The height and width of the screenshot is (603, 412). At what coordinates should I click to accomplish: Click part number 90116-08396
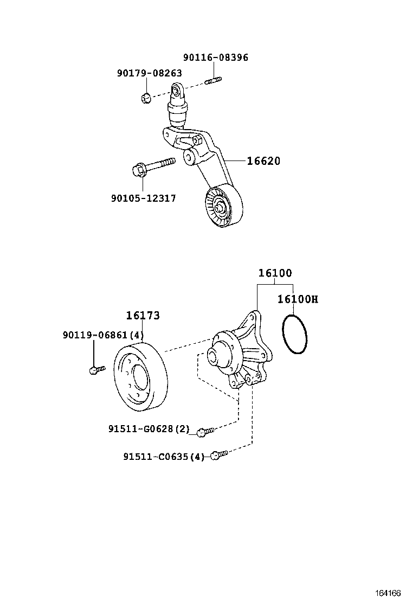click(215, 57)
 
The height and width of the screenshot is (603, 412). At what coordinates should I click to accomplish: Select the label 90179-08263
click(149, 73)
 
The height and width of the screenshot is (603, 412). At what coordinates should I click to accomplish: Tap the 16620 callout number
click(263, 161)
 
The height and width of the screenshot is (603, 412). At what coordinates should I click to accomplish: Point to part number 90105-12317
click(143, 198)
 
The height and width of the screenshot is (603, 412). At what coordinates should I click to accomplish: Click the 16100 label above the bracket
click(275, 273)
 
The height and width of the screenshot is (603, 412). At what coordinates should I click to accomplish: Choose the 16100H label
click(298, 299)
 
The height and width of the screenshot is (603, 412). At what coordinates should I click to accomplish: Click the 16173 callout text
click(143, 316)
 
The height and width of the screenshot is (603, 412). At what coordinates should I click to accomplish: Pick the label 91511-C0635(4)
click(164, 457)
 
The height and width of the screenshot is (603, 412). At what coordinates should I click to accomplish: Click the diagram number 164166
click(389, 592)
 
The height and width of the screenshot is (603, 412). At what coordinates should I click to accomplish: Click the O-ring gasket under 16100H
click(294, 335)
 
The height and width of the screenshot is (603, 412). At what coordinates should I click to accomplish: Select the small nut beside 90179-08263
click(145, 98)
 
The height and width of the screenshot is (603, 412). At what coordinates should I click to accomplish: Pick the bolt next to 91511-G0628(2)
click(204, 432)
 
